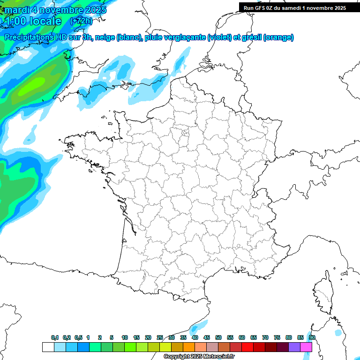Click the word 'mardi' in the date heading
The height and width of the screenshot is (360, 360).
pos(17,10)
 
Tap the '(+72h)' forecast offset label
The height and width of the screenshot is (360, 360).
pos(81,21)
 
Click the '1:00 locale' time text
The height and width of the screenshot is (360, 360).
pos(33,21)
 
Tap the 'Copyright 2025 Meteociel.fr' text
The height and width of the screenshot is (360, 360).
pos(199,357)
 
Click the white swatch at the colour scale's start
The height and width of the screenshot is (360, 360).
pos(48,347)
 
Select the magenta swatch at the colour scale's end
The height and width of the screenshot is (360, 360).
pos(306,347)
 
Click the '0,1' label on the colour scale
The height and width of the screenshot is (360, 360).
pos(55,337)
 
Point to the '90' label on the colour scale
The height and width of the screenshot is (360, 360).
pos(312,337)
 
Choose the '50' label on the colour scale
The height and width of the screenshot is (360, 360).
pos(218,337)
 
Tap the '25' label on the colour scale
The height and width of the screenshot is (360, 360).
pos(160,337)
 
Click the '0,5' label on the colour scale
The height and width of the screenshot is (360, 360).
pos(78,337)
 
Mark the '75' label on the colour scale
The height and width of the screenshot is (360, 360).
pos(277,337)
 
